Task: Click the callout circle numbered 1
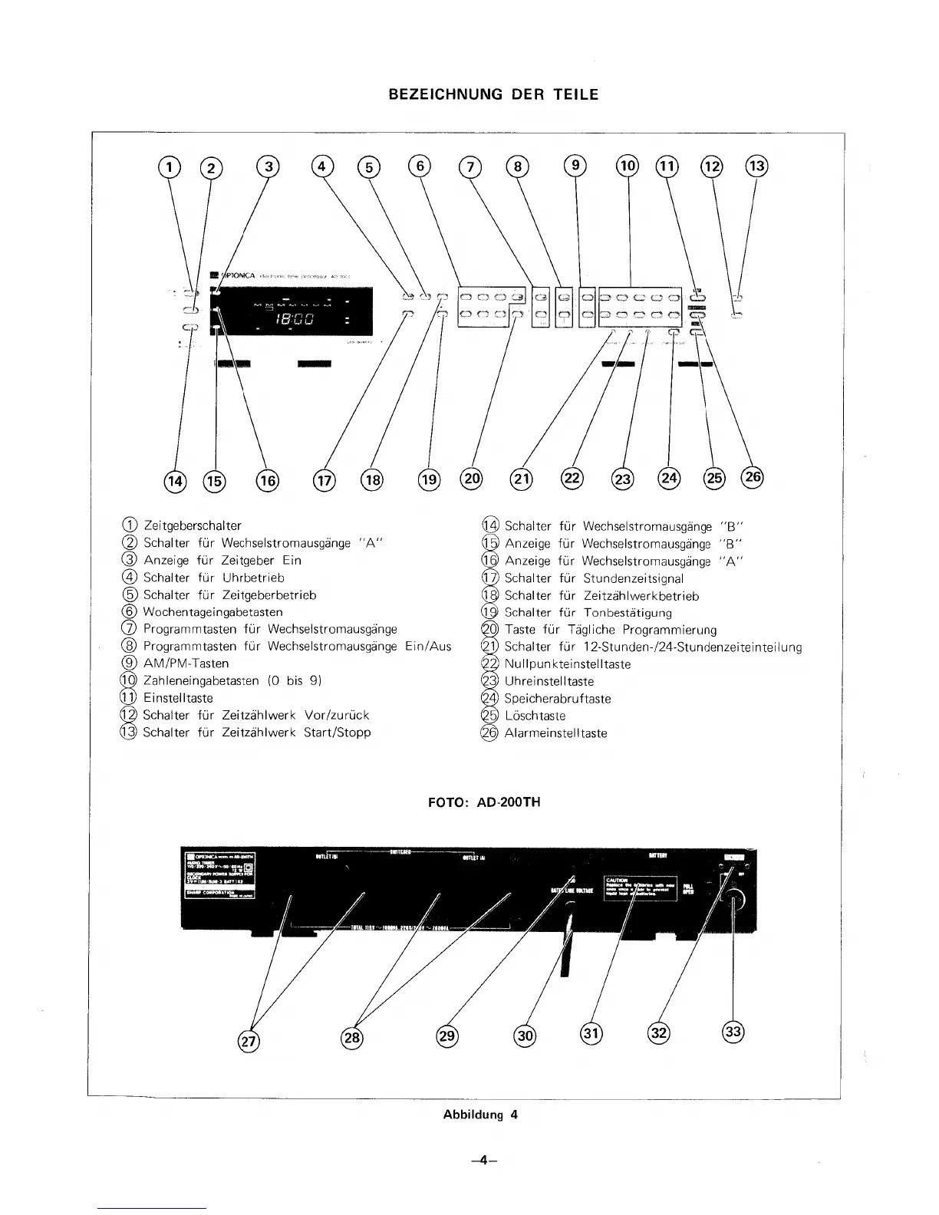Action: (x=170, y=166)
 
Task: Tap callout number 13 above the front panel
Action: (x=757, y=166)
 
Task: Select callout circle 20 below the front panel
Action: (x=470, y=479)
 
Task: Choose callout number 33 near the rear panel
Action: (x=734, y=1032)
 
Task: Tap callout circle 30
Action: (x=526, y=1036)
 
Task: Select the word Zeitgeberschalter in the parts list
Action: (x=192, y=525)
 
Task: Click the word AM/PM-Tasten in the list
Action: (x=186, y=663)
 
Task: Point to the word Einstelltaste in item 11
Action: (x=178, y=698)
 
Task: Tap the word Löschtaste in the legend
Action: (x=535, y=716)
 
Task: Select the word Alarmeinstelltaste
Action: (x=555, y=733)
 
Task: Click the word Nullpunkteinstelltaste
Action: (x=568, y=664)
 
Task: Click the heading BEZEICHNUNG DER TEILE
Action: (x=493, y=94)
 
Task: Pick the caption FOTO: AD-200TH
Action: (x=483, y=802)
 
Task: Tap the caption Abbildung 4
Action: (x=480, y=1115)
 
